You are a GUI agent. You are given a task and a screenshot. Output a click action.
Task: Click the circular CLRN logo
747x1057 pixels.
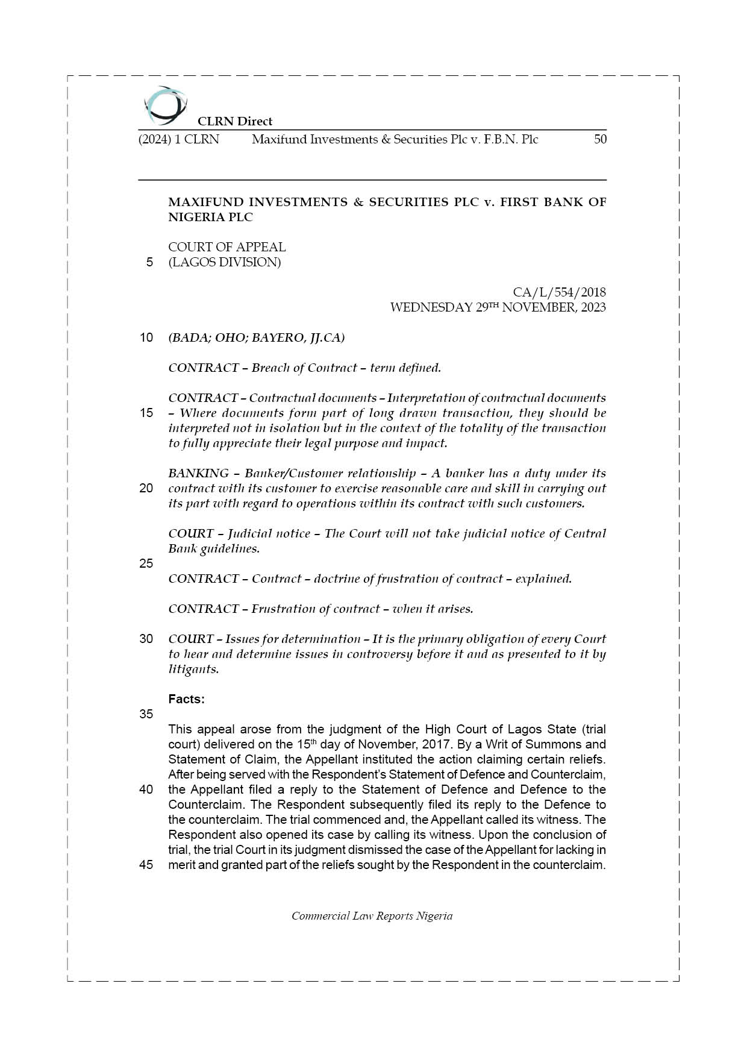click(165, 105)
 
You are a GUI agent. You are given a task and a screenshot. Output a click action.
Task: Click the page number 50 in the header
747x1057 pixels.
click(600, 139)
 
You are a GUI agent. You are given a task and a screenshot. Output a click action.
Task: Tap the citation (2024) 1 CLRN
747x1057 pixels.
click(179, 139)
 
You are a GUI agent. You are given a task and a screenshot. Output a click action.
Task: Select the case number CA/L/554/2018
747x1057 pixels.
click(559, 292)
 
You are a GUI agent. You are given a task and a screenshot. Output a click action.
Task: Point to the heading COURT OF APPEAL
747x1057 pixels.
click(227, 247)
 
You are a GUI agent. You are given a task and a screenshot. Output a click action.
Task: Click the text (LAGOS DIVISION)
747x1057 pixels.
click(224, 262)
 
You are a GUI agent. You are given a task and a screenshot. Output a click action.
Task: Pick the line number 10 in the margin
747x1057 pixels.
click(146, 337)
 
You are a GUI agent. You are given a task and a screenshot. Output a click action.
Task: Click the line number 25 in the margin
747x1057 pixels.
click(146, 563)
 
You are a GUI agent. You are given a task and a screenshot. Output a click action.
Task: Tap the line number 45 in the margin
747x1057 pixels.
click(146, 865)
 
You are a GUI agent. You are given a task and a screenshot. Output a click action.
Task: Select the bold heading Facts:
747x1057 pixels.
click(186, 699)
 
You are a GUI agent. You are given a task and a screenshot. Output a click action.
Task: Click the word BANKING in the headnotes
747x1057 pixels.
click(198, 473)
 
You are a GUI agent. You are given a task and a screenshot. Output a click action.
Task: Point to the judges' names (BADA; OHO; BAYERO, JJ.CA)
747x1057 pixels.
click(256, 337)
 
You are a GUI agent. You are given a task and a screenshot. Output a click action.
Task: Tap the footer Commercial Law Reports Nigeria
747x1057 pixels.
click(372, 916)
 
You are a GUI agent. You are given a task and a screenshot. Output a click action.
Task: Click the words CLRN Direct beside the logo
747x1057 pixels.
click(235, 121)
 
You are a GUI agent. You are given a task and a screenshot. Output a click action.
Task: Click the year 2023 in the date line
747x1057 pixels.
click(593, 307)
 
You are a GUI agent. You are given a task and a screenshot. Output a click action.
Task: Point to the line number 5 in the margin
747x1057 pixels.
click(149, 262)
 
